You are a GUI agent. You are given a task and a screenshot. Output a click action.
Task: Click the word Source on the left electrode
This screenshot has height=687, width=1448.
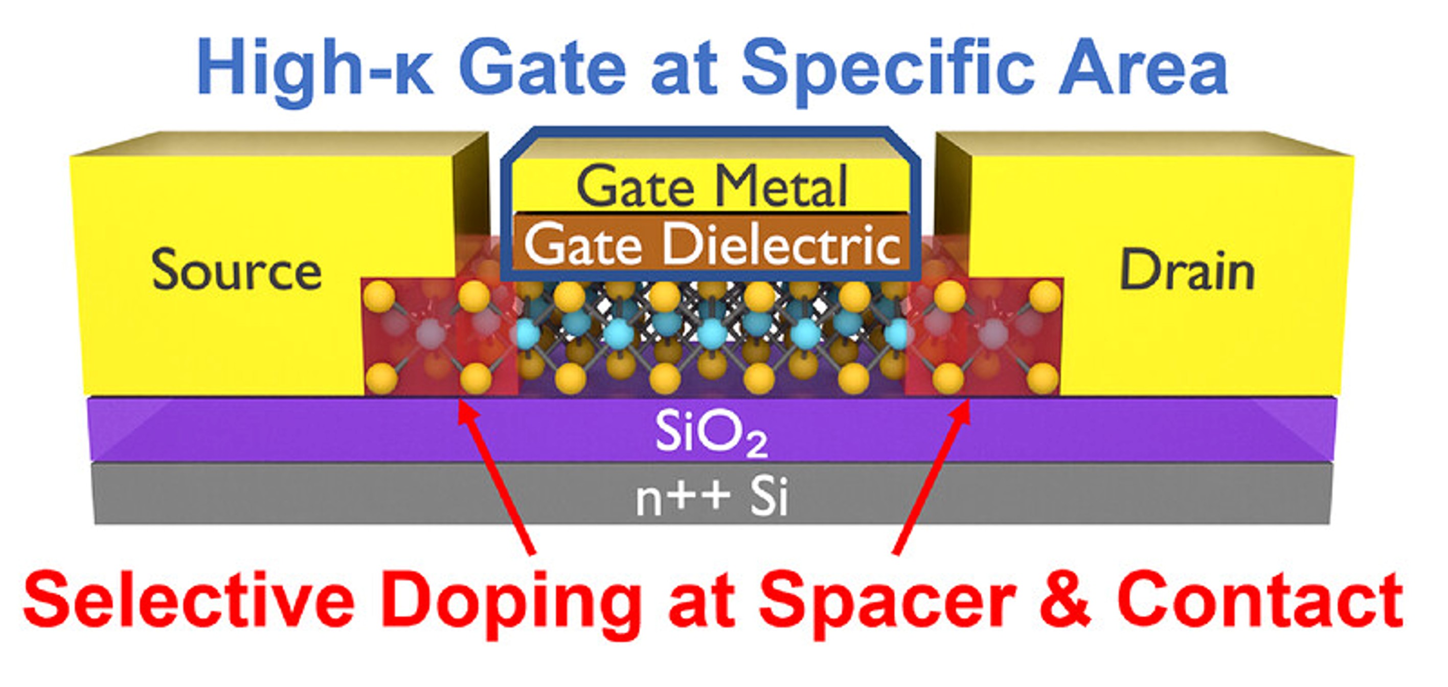pyautogui.click(x=237, y=271)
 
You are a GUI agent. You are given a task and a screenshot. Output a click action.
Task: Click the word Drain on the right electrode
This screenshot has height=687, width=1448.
pyautogui.click(x=1187, y=271)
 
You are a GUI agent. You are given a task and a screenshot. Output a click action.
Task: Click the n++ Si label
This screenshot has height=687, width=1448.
pyautogui.click(x=712, y=498)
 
